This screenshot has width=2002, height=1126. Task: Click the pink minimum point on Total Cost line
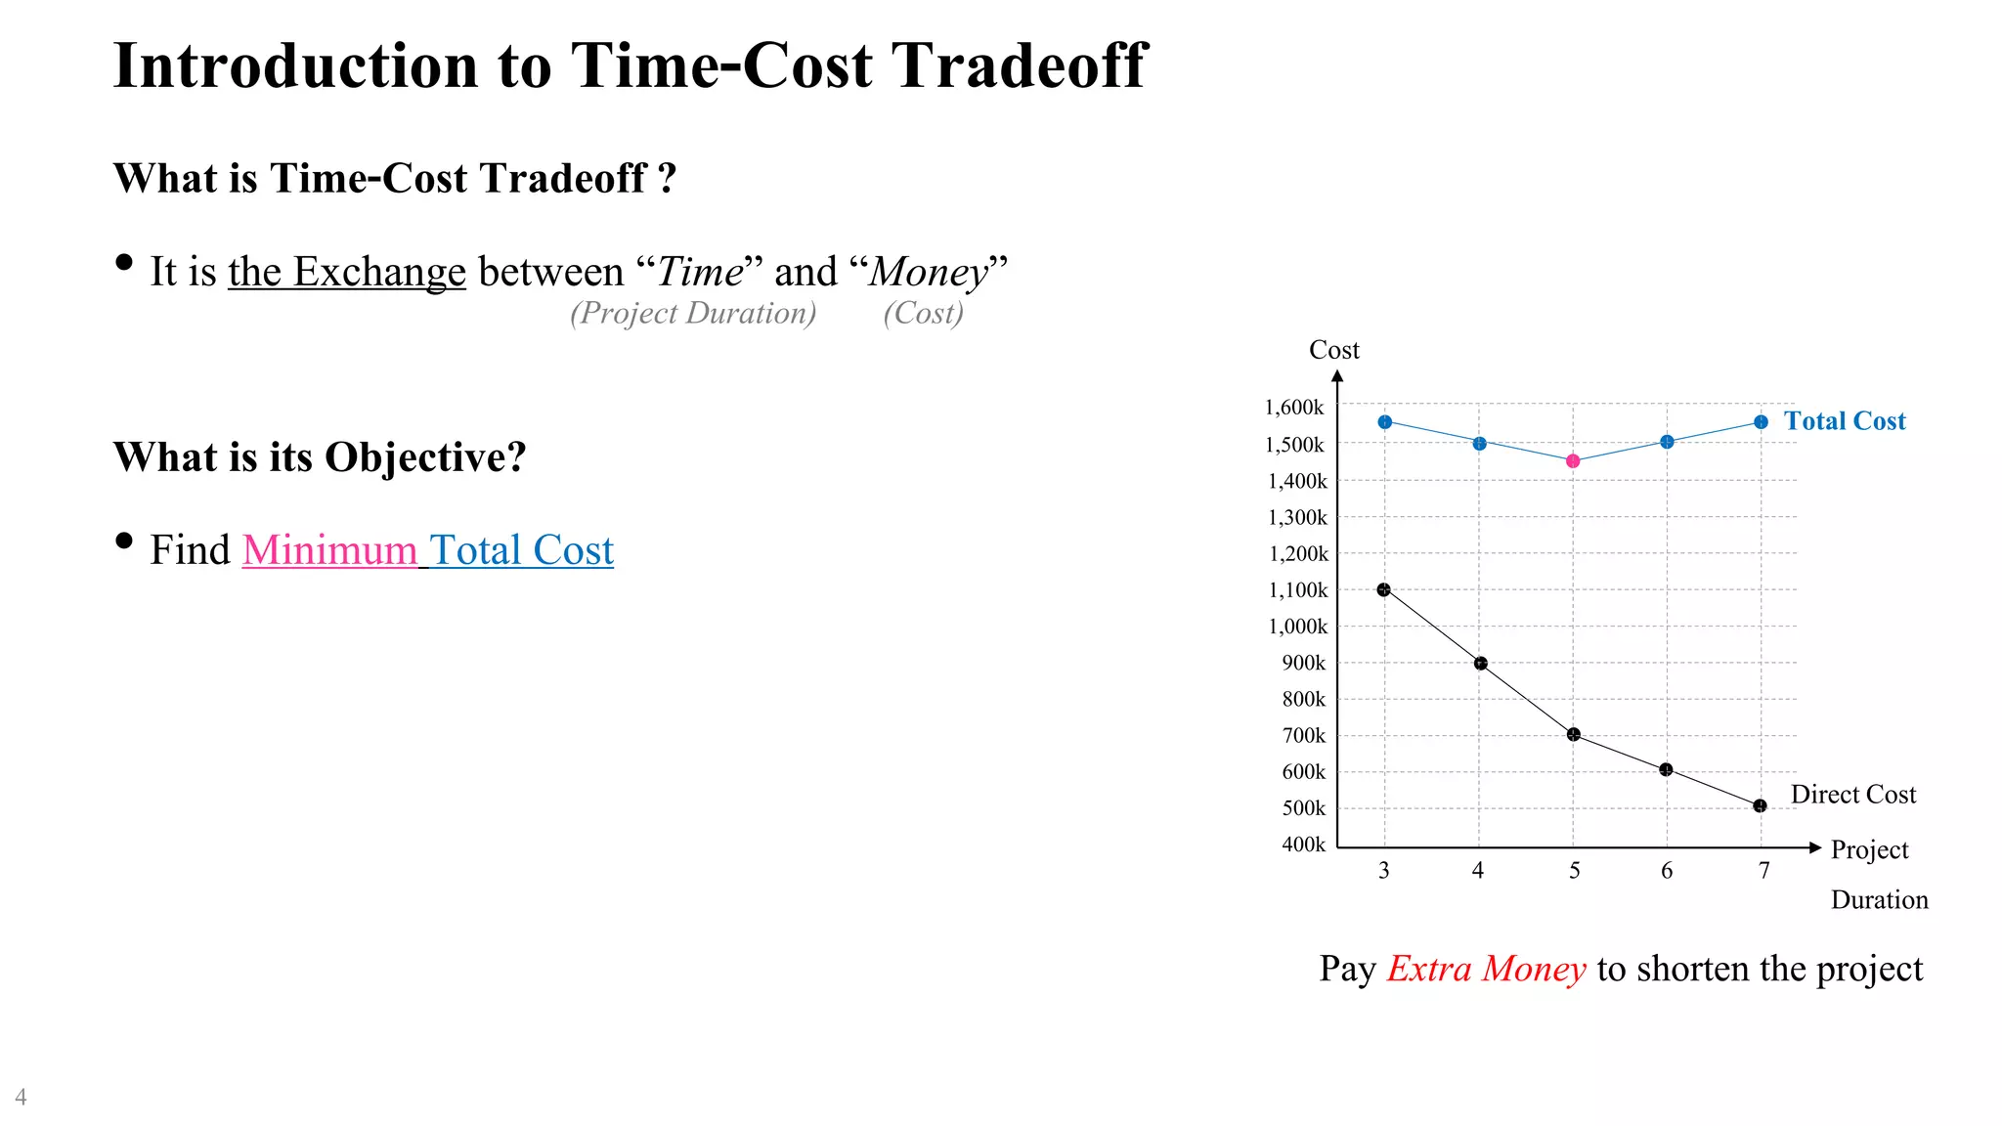(x=1573, y=461)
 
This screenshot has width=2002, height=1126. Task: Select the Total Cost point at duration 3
(x=1384, y=422)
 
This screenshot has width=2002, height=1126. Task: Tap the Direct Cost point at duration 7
(x=1760, y=806)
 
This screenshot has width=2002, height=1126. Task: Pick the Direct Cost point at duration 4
(x=1480, y=664)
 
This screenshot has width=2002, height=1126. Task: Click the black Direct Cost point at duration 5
(x=1573, y=735)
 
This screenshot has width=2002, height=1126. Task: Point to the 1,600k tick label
(x=1295, y=408)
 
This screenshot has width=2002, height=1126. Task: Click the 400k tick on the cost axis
(x=1304, y=844)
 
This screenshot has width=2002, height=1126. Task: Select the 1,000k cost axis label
(x=1298, y=627)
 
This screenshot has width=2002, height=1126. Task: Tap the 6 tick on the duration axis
(x=1667, y=871)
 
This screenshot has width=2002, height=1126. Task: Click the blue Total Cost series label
(x=1845, y=421)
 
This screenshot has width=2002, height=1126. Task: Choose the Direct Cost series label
(x=1852, y=795)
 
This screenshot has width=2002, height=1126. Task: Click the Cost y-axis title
(x=1333, y=350)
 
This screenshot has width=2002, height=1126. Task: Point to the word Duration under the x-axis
(x=1879, y=900)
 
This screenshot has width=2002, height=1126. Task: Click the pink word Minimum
(x=329, y=550)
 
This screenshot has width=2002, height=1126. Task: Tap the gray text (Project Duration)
(x=693, y=313)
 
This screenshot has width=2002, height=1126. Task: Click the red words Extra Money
(x=1486, y=969)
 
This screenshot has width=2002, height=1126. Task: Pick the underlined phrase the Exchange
(x=347, y=272)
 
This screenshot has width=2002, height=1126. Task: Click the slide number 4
(x=21, y=1097)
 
